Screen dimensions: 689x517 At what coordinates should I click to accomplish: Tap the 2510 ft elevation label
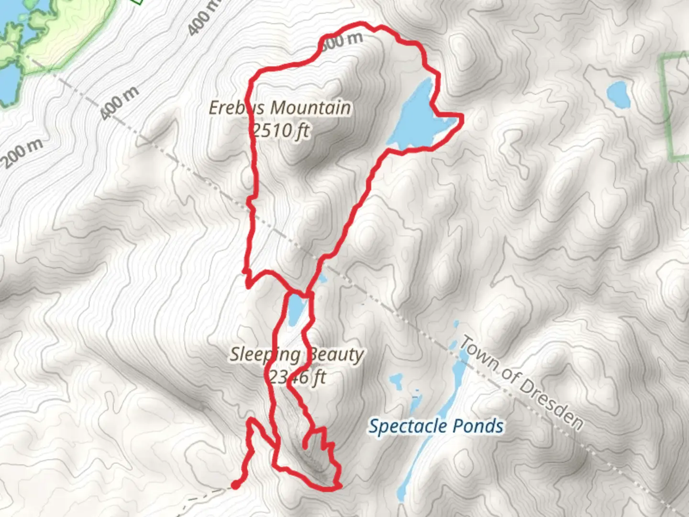(281, 130)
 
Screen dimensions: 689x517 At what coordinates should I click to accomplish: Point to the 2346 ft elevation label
(297, 378)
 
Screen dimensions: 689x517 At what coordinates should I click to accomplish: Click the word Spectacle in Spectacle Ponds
(408, 426)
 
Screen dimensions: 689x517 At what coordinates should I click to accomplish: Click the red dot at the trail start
(235, 485)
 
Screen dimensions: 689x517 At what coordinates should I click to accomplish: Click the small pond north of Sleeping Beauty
(296, 309)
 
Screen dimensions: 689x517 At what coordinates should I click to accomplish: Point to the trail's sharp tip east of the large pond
(462, 115)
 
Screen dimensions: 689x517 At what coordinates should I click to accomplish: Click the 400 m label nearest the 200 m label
(120, 103)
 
